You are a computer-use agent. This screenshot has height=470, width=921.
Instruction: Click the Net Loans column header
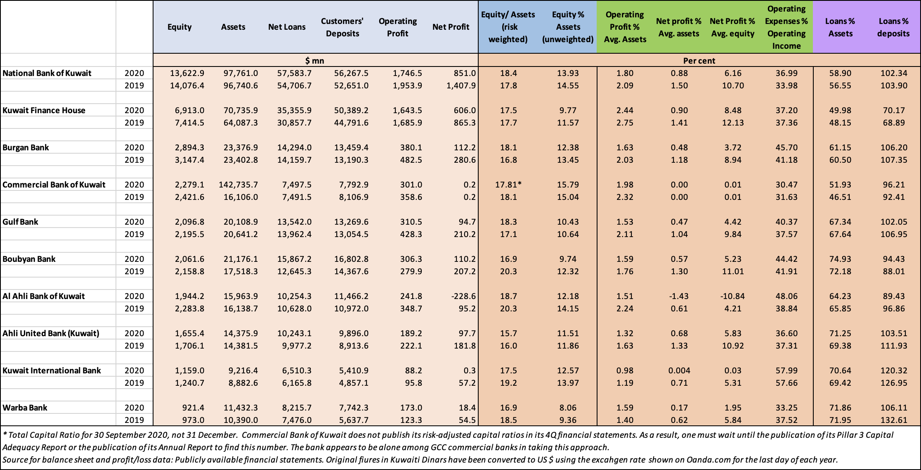point(287,27)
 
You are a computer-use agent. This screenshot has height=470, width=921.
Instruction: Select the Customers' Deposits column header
point(342,27)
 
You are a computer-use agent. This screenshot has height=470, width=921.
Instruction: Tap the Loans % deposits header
point(893,27)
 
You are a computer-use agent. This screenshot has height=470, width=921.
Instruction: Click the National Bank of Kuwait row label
point(47,73)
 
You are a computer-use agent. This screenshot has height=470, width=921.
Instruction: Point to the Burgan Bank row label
point(26,147)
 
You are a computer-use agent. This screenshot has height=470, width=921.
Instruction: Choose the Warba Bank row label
point(25,408)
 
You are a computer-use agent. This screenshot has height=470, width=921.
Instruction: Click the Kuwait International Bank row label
point(52,370)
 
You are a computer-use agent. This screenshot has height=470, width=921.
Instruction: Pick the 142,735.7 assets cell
point(239,185)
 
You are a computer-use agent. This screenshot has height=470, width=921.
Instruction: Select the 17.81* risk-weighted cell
point(508,185)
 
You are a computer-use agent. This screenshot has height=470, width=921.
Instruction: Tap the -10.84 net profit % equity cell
point(732,296)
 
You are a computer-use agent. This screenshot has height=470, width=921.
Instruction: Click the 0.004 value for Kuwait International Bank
point(679,370)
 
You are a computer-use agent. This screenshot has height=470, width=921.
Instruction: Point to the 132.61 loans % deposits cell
point(894,420)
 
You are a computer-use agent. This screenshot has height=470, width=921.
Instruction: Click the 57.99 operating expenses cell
point(786,370)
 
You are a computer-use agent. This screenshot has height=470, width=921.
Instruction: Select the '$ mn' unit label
point(315,61)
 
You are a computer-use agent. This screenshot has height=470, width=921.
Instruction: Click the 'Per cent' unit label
point(699,61)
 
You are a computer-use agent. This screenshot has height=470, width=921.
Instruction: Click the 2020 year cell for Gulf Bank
point(135,222)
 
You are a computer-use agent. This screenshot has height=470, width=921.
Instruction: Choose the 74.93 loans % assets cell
point(840,259)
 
